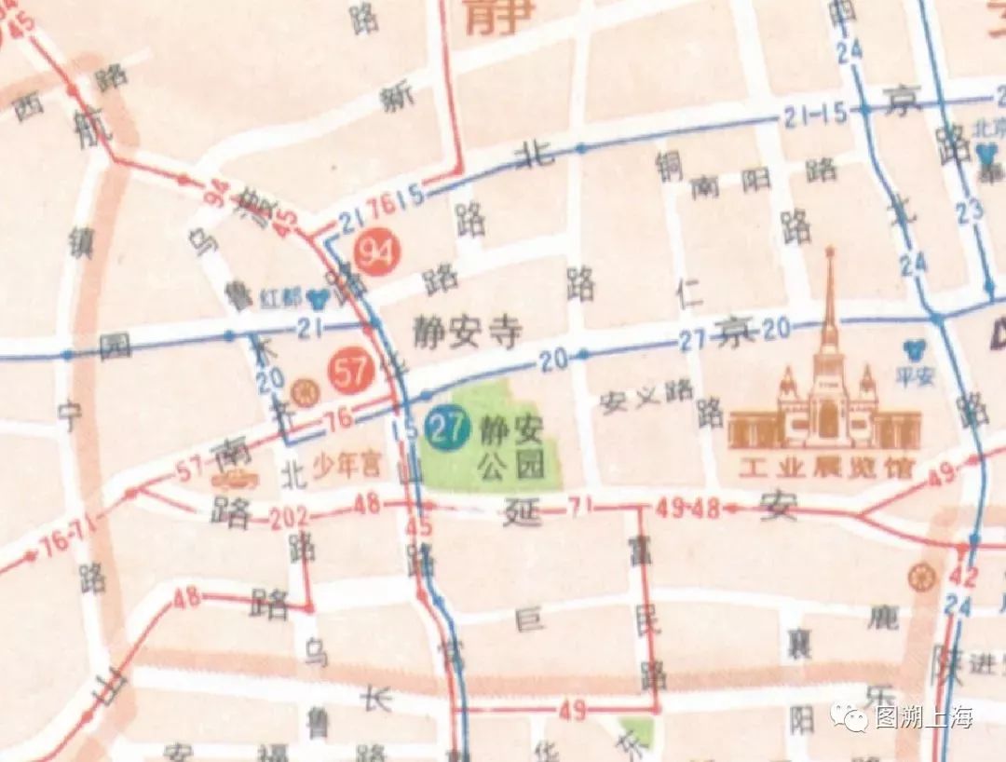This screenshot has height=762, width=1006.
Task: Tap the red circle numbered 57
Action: [350, 373]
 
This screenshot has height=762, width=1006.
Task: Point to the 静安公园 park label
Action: [511, 447]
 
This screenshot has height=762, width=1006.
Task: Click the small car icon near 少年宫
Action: [234, 479]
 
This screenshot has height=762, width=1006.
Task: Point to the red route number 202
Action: [289, 520]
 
